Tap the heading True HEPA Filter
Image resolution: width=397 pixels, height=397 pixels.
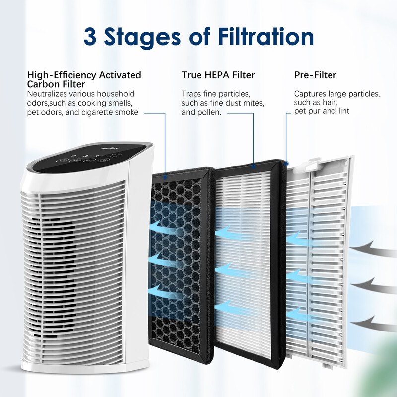(x=218, y=75)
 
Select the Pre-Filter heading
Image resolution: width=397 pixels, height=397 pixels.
(x=315, y=75)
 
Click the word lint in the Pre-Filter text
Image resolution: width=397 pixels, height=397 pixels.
(x=342, y=111)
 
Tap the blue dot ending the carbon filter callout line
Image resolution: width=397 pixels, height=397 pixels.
(x=165, y=174)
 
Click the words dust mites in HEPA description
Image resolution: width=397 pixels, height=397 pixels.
(x=247, y=103)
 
